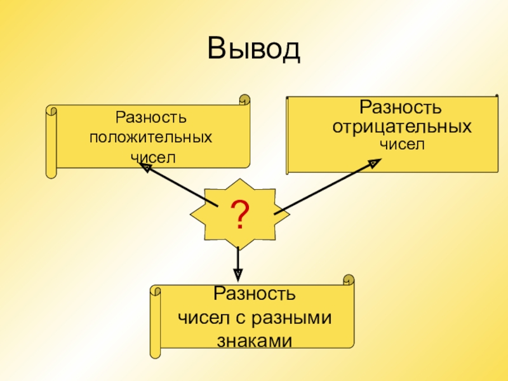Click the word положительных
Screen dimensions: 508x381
click(150, 137)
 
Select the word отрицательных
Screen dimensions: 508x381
click(403, 126)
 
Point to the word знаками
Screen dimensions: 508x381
click(254, 340)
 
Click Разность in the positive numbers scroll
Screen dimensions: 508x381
click(150, 117)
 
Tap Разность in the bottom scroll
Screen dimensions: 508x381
click(254, 295)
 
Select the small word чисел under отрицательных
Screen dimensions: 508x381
click(401, 144)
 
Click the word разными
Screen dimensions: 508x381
click(298, 317)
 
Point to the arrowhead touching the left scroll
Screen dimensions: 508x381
click(146, 168)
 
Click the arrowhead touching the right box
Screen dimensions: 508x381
click(374, 163)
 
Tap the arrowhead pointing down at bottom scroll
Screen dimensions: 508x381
click(238, 274)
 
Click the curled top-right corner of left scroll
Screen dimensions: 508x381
click(244, 100)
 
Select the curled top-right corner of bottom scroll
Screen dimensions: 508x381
click(348, 279)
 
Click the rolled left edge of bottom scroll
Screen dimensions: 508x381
click(155, 321)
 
